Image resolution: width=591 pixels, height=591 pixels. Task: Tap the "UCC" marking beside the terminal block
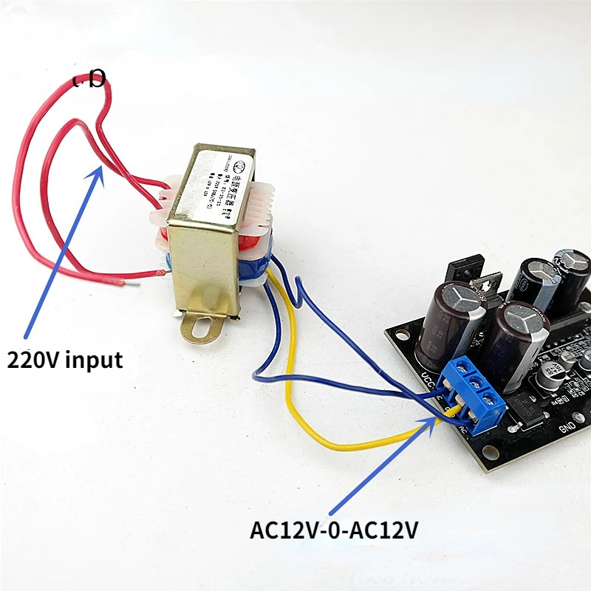coord(428,379)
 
